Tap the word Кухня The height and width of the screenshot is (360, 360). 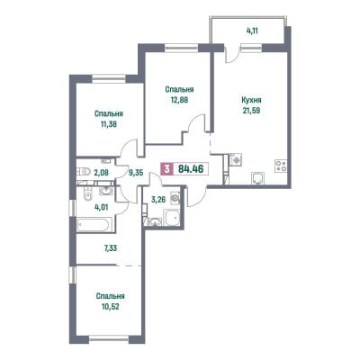point(251,100)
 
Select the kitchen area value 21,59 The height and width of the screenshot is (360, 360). point(251,111)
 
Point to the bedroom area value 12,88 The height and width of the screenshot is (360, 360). point(179,100)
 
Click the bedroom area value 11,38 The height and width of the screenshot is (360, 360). point(109,124)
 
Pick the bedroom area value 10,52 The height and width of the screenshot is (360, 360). point(110,307)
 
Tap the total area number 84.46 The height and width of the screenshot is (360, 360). point(191,169)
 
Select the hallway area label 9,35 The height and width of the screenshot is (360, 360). point(135,173)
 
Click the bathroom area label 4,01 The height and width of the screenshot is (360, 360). point(101,207)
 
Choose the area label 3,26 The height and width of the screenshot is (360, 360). point(158,199)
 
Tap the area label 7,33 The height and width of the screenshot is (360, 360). point(107,248)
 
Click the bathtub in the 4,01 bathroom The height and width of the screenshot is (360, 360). point(94,225)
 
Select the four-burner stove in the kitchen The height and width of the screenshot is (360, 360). point(282,166)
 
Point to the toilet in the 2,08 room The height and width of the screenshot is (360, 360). point(84,172)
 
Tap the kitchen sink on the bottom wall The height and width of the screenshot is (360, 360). point(258,178)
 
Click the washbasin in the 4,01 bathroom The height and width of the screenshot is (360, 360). point(105,190)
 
